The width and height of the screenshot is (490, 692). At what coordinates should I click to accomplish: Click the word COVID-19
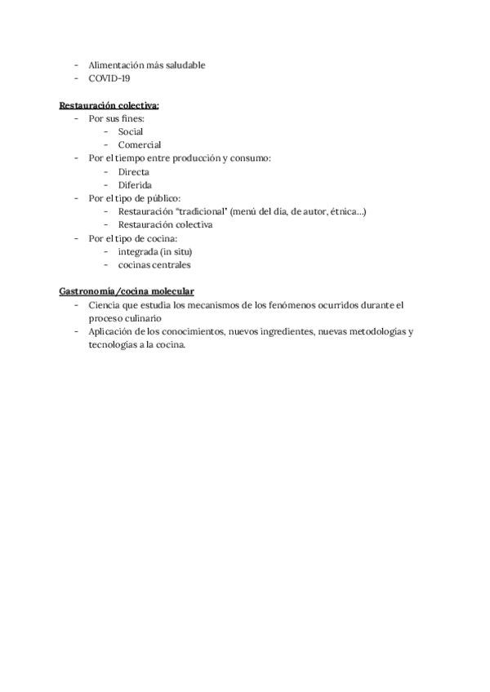pyautogui.click(x=109, y=79)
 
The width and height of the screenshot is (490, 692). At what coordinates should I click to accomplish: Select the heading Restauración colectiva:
pyautogui.click(x=109, y=105)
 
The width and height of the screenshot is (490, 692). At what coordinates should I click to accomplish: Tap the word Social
pyautogui.click(x=131, y=131)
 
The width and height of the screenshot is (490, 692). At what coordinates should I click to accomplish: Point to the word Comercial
pyautogui.click(x=140, y=144)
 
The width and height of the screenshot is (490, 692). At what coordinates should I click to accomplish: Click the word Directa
pyautogui.click(x=133, y=171)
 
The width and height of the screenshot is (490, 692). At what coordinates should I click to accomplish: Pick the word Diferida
pyautogui.click(x=135, y=184)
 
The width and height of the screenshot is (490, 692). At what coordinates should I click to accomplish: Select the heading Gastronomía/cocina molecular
pyautogui.click(x=126, y=291)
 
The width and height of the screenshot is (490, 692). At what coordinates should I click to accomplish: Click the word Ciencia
pyautogui.click(x=106, y=304)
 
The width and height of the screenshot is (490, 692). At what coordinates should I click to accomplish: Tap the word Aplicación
pyautogui.click(x=113, y=331)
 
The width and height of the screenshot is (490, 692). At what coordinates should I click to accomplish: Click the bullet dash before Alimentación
pyautogui.click(x=76, y=65)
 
